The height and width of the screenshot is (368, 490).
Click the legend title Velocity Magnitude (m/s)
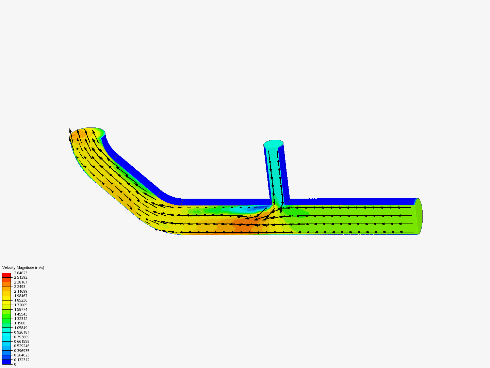tap(23, 267)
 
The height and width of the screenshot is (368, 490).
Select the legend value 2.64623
tap(21, 273)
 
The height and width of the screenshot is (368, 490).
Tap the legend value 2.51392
tap(21, 277)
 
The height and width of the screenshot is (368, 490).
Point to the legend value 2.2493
tap(20, 287)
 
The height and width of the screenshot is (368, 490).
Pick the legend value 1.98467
tap(21, 296)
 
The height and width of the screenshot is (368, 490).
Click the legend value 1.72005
tap(21, 305)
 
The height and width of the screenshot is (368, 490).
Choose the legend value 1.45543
tap(21, 314)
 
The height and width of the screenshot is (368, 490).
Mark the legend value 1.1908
tap(20, 323)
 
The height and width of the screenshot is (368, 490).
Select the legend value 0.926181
tap(22, 332)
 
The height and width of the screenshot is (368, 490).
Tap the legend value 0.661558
tap(22, 341)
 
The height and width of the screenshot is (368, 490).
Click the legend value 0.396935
tap(22, 351)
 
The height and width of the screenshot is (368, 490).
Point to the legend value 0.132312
tap(22, 360)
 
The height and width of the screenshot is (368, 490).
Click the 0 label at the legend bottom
tap(15, 364)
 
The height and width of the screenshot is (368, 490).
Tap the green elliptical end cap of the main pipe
tap(419, 216)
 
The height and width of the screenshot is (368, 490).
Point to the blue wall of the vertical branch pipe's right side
tap(286, 174)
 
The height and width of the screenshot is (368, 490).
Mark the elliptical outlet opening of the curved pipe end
tap(87, 135)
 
